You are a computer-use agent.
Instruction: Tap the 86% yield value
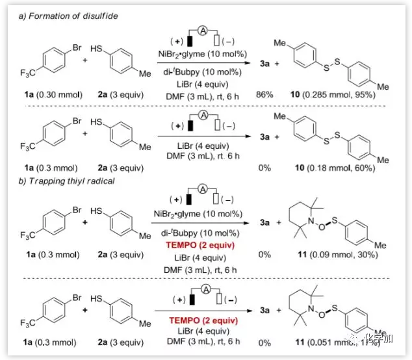[263, 94]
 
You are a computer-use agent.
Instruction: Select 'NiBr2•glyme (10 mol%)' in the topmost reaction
[204, 53]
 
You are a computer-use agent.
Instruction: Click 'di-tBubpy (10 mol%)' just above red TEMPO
[203, 233]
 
